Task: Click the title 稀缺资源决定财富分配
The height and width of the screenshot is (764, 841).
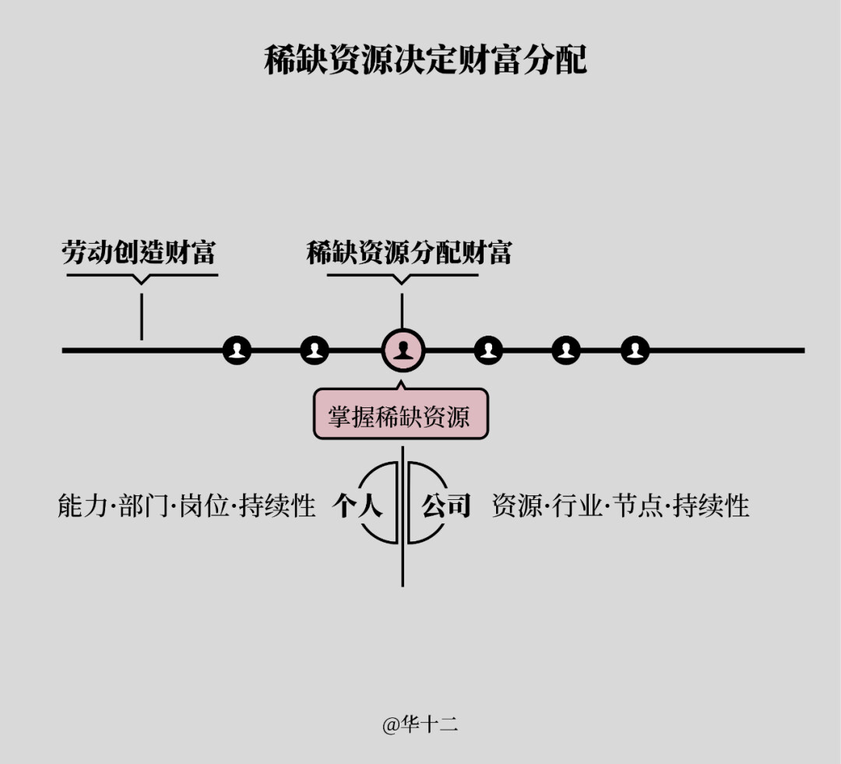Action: [425, 61]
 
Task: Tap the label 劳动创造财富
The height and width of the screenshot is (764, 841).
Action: [139, 252]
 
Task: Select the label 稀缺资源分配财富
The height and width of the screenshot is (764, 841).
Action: [409, 252]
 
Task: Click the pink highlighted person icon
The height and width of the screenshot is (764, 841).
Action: [403, 350]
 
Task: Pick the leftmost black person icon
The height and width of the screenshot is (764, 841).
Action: [238, 350]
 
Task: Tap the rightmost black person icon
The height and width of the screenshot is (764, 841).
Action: [635, 350]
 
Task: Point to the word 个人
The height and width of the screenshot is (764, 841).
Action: [357, 506]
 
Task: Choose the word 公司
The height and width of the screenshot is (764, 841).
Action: [447, 506]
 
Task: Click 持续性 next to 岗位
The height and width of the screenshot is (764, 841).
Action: [277, 506]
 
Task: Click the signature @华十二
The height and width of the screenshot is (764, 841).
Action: [420, 725]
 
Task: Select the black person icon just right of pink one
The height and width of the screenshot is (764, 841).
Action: [488, 350]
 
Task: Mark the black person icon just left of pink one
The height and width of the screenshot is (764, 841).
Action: [315, 350]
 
